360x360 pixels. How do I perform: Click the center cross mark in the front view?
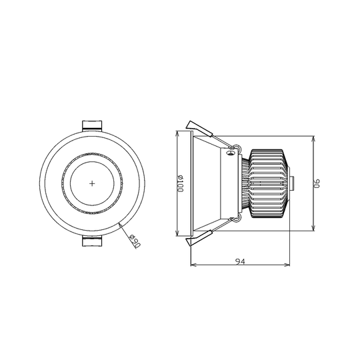(x=91, y=183)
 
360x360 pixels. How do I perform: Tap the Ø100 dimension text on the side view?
(x=180, y=183)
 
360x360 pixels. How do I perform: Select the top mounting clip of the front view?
(x=91, y=125)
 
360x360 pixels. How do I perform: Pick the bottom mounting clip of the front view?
(x=91, y=240)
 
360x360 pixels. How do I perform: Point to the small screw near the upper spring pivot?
(x=231, y=153)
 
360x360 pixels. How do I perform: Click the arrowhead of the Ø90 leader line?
(x=120, y=224)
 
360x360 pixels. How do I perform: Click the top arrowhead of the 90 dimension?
(x=313, y=138)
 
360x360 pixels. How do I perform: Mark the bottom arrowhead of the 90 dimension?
(x=313, y=229)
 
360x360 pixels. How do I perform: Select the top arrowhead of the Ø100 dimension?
(x=176, y=132)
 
